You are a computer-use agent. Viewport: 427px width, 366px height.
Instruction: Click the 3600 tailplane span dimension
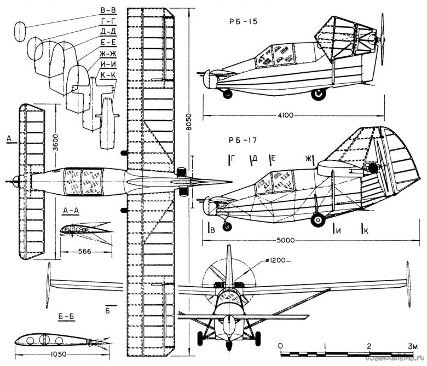point(49,144)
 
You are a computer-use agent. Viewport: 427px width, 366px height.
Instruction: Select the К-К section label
point(108,75)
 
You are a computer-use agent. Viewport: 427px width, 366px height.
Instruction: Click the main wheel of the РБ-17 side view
point(318,219)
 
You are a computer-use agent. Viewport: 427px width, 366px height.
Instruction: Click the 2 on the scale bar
point(370,346)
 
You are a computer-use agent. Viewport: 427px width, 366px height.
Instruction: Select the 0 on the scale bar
point(280,346)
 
